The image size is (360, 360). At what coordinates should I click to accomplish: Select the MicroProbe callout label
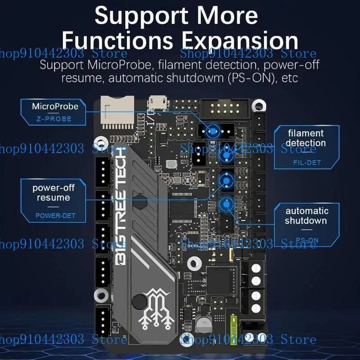[x=55, y=107]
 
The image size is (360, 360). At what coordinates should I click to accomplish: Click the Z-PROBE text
[x=54, y=119]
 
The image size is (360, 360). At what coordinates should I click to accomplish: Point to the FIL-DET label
[x=306, y=162]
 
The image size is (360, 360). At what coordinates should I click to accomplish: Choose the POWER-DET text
[x=55, y=216]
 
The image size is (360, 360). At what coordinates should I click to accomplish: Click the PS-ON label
[x=307, y=240]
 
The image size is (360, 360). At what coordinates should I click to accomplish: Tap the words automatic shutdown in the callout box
[x=306, y=216]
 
